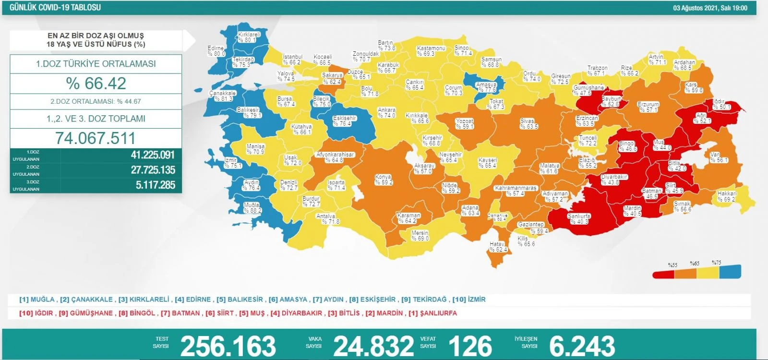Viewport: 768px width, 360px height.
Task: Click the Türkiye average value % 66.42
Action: coord(96,84)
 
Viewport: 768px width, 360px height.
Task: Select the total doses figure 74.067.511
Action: coord(96,138)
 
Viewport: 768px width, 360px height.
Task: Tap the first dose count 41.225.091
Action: coord(153,155)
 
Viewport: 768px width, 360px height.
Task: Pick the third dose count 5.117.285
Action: coord(155,185)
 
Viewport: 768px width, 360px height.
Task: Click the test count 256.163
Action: coord(228,346)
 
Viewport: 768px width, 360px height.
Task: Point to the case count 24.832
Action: coord(373,346)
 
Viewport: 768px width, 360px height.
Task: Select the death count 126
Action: coord(470,346)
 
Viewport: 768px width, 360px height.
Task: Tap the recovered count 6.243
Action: coord(582,346)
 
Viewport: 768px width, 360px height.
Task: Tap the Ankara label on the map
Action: coord(386,113)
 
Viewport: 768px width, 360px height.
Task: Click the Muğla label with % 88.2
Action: coord(252,207)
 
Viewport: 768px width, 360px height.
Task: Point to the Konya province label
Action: coord(384,180)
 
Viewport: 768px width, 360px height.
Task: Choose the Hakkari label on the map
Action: coord(727,196)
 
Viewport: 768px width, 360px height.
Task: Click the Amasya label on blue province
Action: coord(486,87)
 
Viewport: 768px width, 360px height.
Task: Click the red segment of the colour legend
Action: coord(663,274)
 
